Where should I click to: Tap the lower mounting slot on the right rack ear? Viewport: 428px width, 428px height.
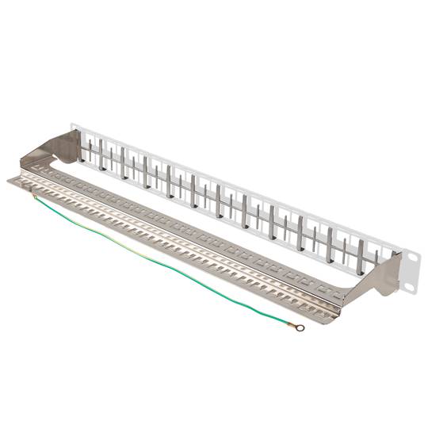(412, 278)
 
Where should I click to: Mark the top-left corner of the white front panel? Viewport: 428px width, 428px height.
(72, 124)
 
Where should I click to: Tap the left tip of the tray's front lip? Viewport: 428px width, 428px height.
(10, 182)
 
